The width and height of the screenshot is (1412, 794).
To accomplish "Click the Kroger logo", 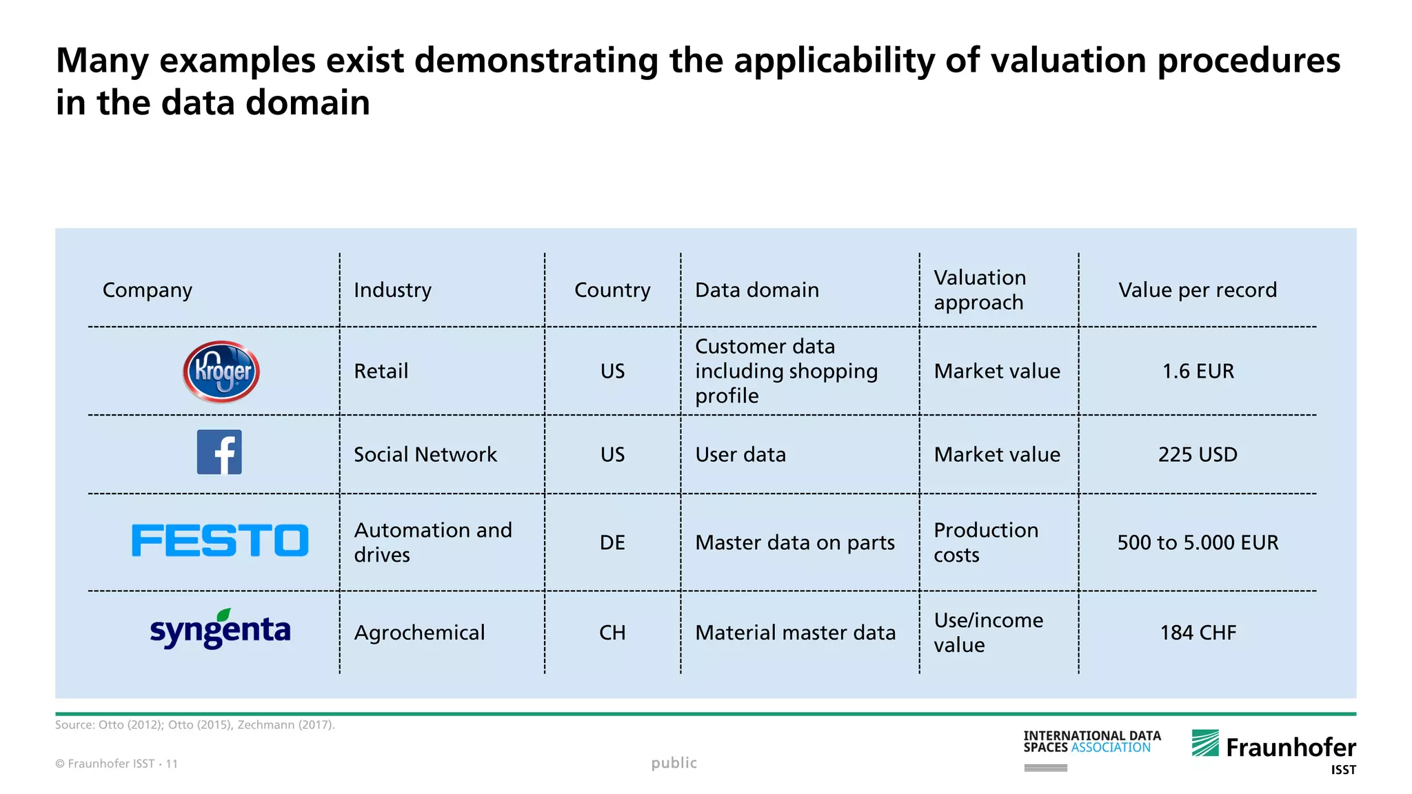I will click(x=221, y=371).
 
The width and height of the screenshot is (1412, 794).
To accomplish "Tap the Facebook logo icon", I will click(x=219, y=452).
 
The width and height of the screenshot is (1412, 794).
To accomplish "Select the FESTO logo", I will click(x=220, y=540).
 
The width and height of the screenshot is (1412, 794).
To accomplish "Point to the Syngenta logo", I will click(x=220, y=629).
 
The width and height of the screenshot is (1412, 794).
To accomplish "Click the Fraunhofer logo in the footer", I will click(x=1273, y=747).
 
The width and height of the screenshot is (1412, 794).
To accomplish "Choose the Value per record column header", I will click(x=1198, y=290).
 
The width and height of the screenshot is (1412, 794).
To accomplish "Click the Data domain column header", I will click(x=757, y=290).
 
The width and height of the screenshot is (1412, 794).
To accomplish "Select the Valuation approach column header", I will click(x=980, y=290).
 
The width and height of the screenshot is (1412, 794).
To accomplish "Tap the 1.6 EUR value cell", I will click(x=1198, y=371).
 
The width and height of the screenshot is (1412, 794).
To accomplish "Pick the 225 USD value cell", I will click(x=1198, y=455).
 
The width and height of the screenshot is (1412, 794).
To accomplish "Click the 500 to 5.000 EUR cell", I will click(x=1198, y=543).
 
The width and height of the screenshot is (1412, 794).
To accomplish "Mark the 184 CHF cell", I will click(x=1198, y=633).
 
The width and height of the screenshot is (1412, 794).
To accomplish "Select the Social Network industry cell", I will click(x=425, y=455).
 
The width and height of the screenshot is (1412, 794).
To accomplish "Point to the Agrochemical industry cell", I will click(x=419, y=633).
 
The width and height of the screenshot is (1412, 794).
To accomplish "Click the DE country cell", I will click(x=612, y=543).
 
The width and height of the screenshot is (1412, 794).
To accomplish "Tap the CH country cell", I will click(x=612, y=633).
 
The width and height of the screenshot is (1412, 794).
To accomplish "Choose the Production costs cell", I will click(x=986, y=542).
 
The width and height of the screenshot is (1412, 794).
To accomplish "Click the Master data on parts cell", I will click(x=795, y=543).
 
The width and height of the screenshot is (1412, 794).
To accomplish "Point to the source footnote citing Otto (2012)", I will click(x=195, y=725).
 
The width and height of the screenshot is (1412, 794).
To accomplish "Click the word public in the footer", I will click(x=674, y=763).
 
